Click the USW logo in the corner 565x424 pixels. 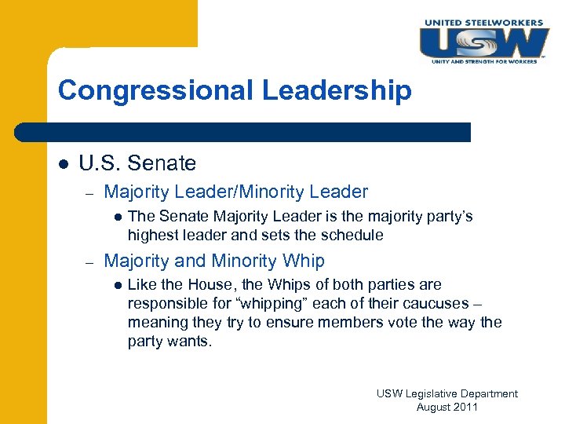tap(483, 41)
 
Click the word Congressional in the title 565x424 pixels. tap(155, 90)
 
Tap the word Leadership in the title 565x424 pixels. tap(337, 90)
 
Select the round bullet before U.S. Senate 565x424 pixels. tap(64, 164)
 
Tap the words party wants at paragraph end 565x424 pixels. tap(169, 342)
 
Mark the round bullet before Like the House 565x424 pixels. tap(117, 285)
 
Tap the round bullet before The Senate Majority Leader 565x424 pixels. tap(117, 217)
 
